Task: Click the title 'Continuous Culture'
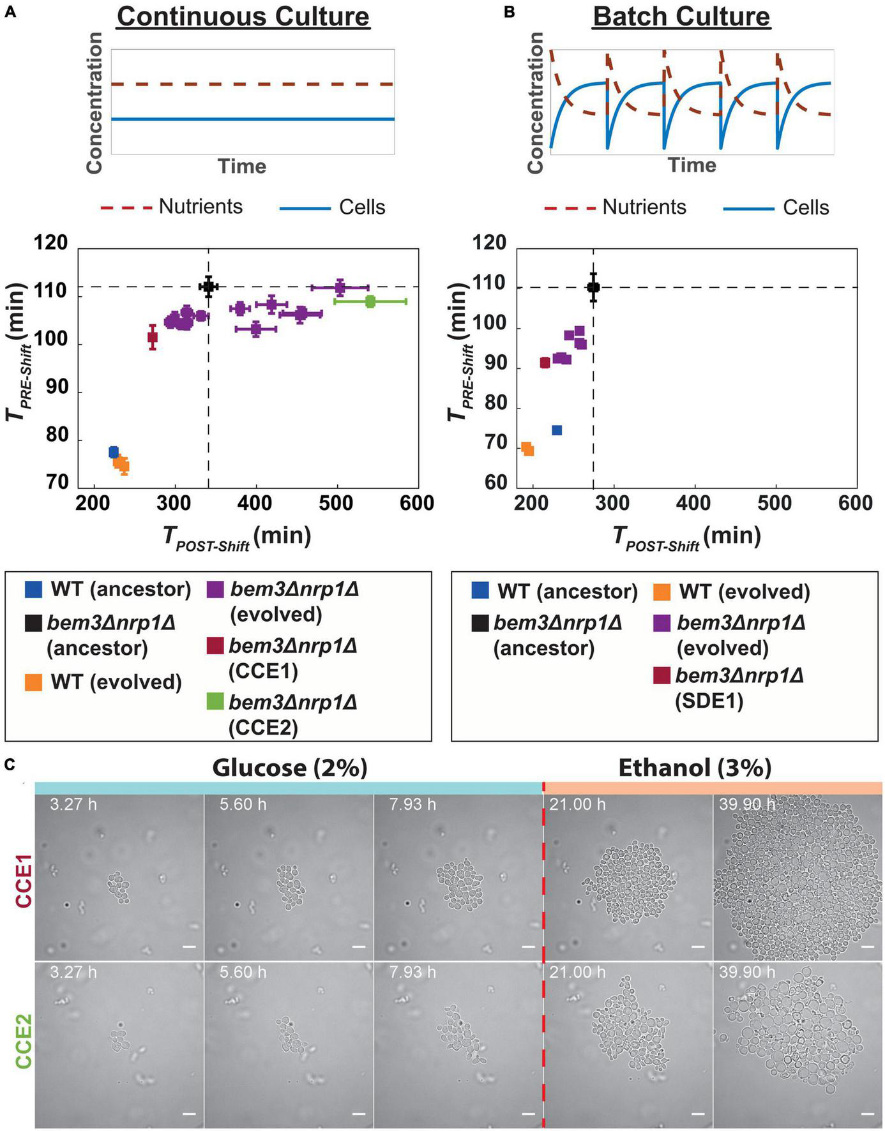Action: point(243,17)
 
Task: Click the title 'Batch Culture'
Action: point(681,17)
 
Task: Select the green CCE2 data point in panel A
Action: point(370,301)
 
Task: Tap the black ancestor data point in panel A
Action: point(208,287)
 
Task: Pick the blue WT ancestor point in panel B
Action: point(556,430)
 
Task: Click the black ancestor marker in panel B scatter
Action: point(593,287)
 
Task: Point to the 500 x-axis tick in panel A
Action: point(336,502)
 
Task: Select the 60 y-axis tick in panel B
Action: point(494,483)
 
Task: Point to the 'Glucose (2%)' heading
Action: point(290,767)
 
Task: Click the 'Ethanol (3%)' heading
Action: point(695,767)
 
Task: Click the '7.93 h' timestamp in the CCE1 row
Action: point(412,804)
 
